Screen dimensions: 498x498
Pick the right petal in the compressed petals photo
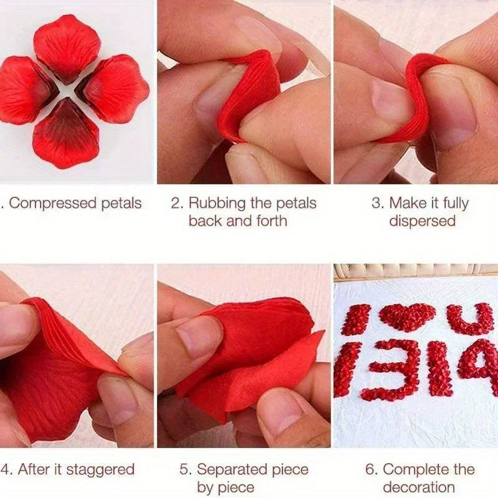point(113,88)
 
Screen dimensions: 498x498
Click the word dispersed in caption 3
point(422,221)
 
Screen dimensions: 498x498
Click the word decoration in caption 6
point(419,487)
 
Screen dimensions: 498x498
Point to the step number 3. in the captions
point(378,204)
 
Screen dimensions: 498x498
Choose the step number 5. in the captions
point(186,470)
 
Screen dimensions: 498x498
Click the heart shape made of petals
point(407,316)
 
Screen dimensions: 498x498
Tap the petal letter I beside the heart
point(357,319)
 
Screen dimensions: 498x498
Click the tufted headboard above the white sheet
point(415,271)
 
